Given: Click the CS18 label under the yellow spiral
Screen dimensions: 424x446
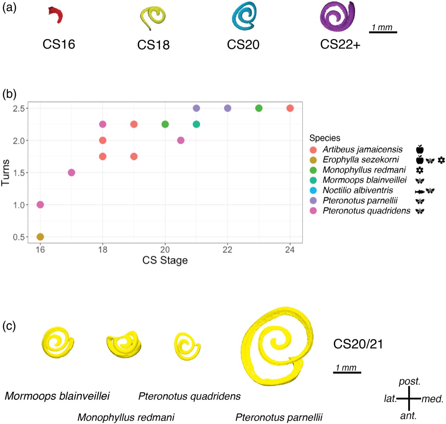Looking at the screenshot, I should [153, 45].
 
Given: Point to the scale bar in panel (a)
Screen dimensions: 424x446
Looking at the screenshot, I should [383, 32].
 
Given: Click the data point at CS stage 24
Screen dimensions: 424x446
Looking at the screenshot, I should [290, 108].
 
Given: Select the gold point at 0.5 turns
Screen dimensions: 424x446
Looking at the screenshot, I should [40, 237].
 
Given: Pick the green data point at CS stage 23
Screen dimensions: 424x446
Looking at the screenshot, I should [259, 108].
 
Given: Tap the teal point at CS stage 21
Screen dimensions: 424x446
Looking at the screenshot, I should [196, 124].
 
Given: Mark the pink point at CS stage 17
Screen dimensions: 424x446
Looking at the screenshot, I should [71, 173].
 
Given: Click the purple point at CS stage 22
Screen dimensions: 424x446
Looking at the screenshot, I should [227, 108].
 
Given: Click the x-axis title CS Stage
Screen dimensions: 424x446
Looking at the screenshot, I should [165, 260].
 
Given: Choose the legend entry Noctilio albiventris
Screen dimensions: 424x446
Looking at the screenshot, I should [357, 190].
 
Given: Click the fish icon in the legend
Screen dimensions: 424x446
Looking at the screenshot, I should [419, 191].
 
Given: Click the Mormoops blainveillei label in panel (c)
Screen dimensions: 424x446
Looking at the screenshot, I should [57, 396].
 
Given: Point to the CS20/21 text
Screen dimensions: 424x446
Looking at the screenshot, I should [358, 344].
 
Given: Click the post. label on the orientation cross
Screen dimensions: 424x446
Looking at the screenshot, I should [409, 382].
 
